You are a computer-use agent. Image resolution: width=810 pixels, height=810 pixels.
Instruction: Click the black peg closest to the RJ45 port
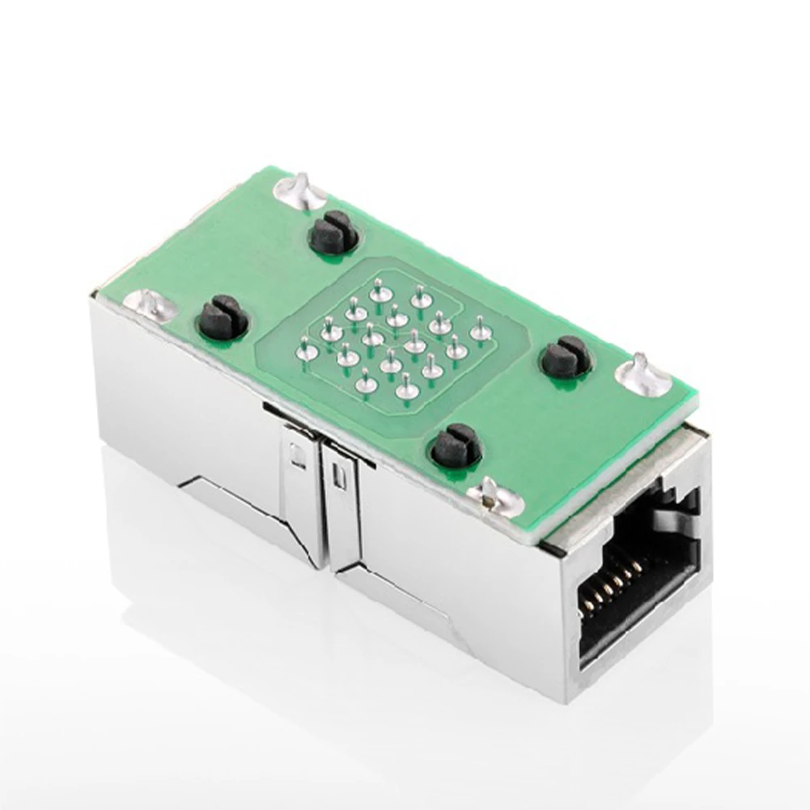(x=456, y=446)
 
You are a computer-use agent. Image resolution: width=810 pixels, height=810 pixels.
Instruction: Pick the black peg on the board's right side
(x=566, y=357)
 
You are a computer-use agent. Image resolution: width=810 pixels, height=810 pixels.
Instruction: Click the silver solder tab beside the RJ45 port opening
(x=492, y=495)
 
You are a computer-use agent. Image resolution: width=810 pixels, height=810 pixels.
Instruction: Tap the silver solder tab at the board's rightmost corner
(x=644, y=375)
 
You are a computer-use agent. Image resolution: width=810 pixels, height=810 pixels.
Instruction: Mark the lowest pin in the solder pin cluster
(x=407, y=391)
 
